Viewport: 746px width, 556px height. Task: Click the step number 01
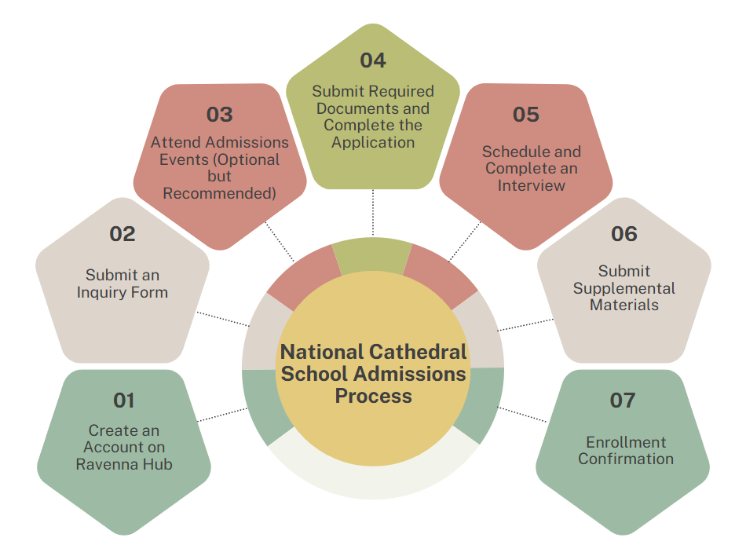coord(124,401)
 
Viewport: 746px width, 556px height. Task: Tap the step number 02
coord(123,234)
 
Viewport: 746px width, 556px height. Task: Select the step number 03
coord(219,115)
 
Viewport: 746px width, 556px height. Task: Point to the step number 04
coord(373,60)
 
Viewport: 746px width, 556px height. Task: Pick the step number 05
coord(525,115)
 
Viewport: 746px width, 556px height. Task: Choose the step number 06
coord(624,234)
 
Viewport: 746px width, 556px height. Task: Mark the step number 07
coord(622,401)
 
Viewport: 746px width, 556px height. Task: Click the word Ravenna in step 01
coord(99,464)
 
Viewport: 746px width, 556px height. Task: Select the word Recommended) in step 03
coord(219,193)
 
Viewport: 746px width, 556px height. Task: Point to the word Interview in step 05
coord(532,185)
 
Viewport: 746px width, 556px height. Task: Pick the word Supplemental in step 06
coord(624,289)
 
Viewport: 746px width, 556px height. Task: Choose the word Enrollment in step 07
coord(626,442)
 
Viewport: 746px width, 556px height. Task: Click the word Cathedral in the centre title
coord(417,352)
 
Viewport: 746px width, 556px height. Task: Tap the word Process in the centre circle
coord(374,397)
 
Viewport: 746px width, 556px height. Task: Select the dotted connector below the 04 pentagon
coord(373,213)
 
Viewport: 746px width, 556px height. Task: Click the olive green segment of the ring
coord(372,254)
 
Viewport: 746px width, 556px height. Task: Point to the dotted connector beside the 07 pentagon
coord(522,415)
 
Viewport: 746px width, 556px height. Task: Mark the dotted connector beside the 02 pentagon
coord(223,319)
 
